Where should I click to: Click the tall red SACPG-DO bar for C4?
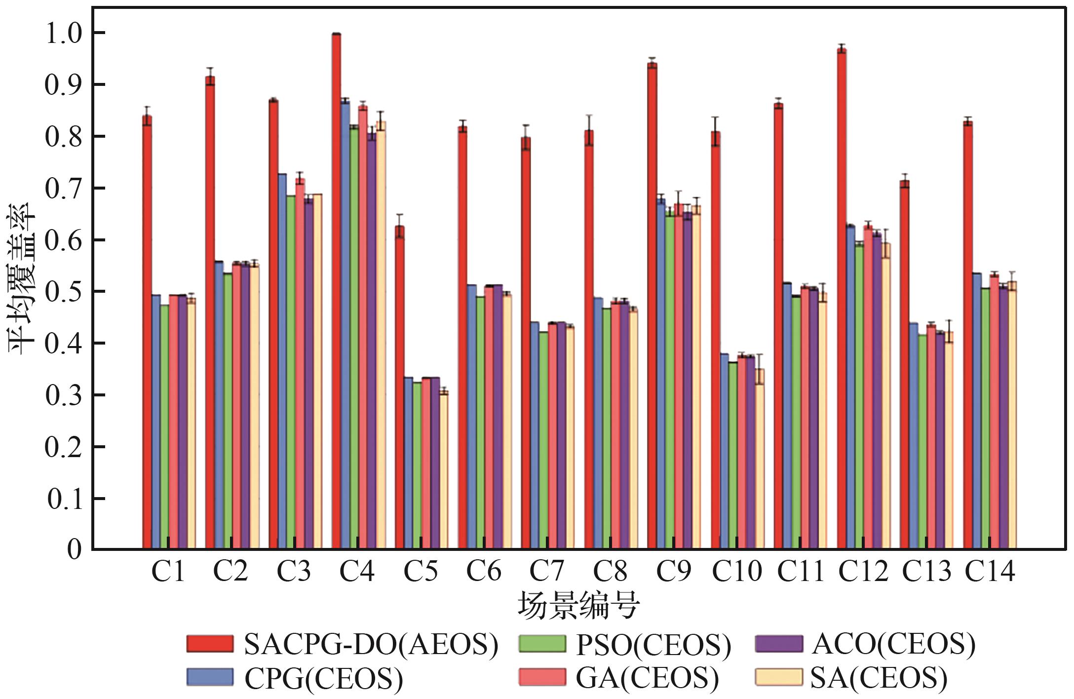point(337,291)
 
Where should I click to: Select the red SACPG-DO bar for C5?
point(400,387)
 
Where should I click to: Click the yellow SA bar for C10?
point(760,459)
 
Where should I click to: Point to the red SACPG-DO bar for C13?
point(905,364)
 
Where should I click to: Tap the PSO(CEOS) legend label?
point(625,644)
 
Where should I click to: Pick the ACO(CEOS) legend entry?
point(865,644)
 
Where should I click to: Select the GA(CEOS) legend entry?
point(618,677)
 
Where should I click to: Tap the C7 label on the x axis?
point(547,572)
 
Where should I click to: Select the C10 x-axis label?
point(737,572)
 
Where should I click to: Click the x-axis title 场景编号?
point(578,605)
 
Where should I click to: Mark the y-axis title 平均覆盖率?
point(22,279)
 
